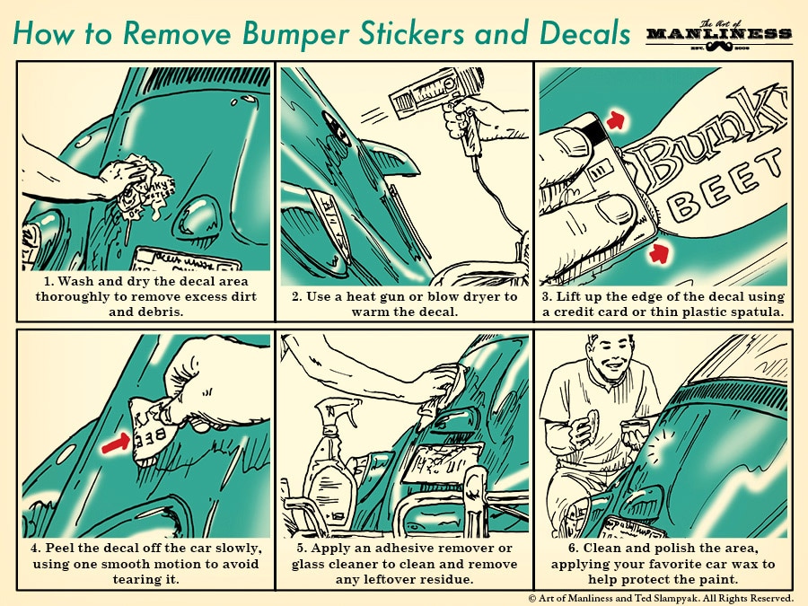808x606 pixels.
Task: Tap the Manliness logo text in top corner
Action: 718,34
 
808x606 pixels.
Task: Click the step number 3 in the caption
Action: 548,296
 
